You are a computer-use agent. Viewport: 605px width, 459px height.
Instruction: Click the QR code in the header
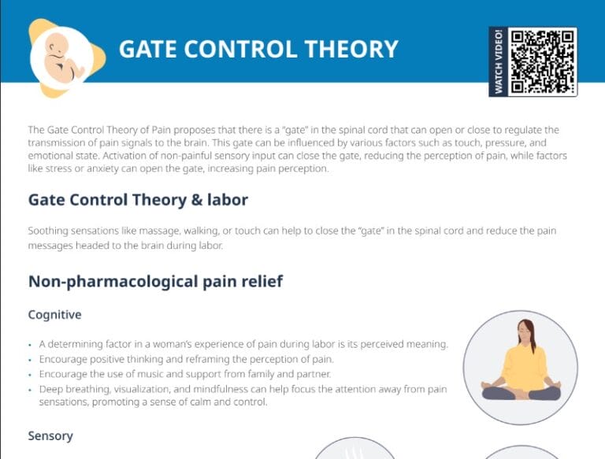(x=543, y=61)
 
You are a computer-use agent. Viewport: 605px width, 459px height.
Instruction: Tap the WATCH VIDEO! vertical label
(x=499, y=62)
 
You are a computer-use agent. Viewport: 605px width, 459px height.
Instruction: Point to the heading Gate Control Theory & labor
(x=138, y=200)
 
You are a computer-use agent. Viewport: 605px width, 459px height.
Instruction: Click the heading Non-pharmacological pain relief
(x=155, y=281)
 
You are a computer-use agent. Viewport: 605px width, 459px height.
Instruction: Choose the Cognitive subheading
(x=54, y=315)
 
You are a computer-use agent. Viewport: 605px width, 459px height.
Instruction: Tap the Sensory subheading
(x=50, y=435)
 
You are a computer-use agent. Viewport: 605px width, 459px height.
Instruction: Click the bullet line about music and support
(x=185, y=373)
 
